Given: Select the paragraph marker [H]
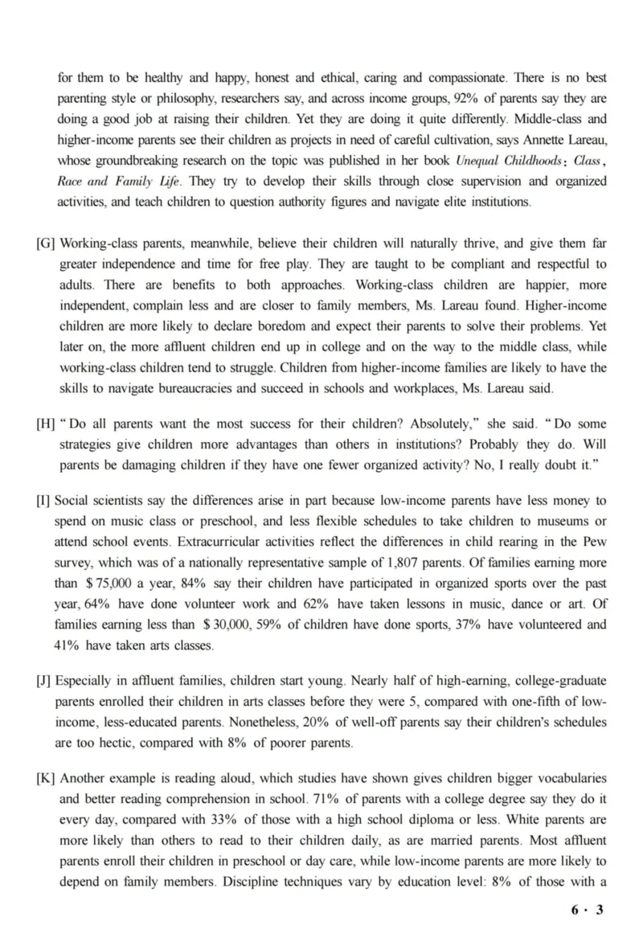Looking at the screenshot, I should (x=46, y=423).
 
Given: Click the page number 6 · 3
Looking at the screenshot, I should (x=587, y=910).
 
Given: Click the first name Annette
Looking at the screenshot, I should (x=530, y=141).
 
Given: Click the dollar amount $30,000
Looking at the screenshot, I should (x=220, y=623).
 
